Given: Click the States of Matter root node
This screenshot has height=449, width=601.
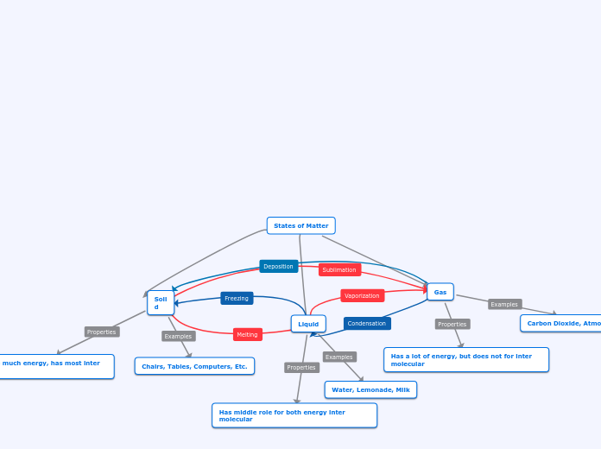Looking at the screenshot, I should coord(300,225).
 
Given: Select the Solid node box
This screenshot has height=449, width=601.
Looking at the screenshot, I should coord(161,303).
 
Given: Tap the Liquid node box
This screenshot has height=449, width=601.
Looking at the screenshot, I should coord(308,324).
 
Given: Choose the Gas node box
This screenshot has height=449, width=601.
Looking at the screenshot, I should coord(440,292).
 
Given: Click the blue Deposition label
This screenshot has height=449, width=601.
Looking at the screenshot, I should coord(278,266).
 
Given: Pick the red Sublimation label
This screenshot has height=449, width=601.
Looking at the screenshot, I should coord(339,269).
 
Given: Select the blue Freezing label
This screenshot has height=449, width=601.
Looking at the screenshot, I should coord(237,298).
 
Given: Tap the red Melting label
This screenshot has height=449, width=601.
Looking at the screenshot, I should coord(247,334).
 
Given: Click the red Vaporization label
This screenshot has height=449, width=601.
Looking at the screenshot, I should coord(362,295).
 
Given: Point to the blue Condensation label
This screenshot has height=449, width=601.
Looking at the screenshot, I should coord(367,323).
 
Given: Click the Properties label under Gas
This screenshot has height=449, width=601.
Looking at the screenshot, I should coord(452,324).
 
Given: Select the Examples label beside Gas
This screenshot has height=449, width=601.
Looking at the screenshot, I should coord(504,304).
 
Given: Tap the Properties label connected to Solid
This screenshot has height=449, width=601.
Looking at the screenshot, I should coord(102,332).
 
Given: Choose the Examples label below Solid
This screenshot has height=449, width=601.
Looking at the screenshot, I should coord(178,336).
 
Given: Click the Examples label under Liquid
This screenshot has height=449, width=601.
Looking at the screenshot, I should coord(339,357).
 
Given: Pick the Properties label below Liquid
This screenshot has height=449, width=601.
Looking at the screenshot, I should coord(301,367).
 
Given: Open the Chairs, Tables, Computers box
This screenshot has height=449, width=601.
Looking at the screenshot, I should coord(194,366).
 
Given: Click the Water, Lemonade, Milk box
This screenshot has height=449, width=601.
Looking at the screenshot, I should coord(370,389).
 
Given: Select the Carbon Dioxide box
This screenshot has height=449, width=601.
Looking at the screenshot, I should coord(561,323).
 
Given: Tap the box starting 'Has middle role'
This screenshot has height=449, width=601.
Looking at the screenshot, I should coord(294,415).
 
